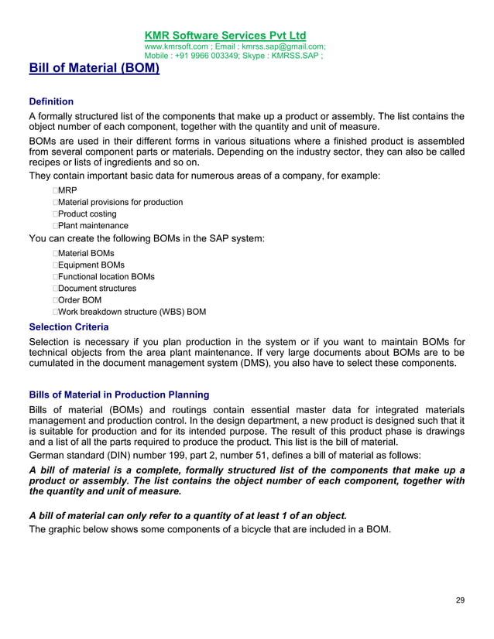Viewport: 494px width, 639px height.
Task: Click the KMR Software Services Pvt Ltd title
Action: [x=225, y=36]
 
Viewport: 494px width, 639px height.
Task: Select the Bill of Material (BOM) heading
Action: [x=94, y=69]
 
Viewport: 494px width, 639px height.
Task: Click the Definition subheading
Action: [x=51, y=101]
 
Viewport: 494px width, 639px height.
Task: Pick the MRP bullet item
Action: [x=67, y=190]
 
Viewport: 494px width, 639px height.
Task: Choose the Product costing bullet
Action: [x=87, y=214]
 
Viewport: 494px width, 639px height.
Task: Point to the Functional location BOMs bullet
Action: [x=106, y=276]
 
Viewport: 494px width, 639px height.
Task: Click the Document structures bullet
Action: [x=97, y=288]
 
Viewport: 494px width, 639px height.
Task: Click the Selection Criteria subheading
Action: [x=68, y=326]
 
